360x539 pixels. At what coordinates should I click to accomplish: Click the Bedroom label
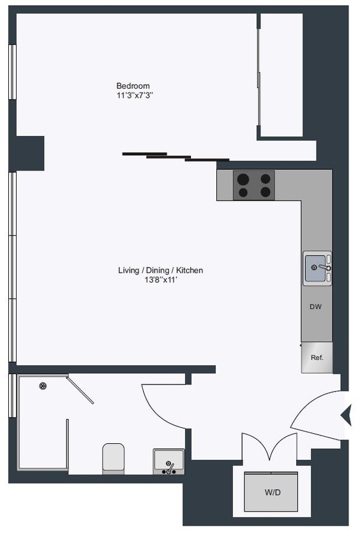133,86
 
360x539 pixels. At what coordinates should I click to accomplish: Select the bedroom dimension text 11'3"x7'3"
133,95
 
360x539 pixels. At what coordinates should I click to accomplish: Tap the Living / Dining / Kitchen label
160,270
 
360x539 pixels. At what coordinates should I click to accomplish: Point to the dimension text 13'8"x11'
160,280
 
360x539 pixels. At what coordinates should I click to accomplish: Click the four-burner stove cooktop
253,185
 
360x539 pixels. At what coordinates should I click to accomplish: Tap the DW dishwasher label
315,307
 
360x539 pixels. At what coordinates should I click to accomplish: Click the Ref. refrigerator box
317,358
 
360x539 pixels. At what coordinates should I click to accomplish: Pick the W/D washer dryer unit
271,492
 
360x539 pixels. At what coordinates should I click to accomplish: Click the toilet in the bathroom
113,458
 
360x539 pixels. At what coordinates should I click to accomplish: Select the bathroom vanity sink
169,461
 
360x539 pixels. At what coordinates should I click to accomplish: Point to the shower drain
43,385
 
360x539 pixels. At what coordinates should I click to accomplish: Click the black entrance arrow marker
346,415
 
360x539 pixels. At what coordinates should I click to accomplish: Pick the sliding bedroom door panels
176,156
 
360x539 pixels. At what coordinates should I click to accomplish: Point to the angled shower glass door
81,390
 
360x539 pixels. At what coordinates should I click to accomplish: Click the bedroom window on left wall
11,72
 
